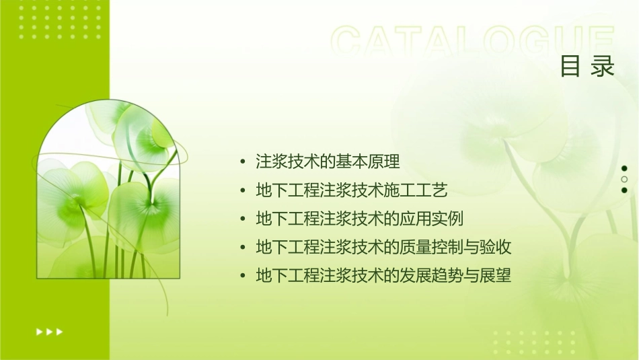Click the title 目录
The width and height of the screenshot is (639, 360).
click(587, 66)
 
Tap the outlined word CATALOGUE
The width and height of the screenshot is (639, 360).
click(473, 42)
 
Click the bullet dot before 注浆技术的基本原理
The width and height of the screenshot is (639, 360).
click(243, 162)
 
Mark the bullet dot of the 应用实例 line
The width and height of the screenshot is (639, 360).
click(243, 220)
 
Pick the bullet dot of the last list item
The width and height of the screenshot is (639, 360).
click(243, 277)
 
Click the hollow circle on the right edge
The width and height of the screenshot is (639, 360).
click(624, 179)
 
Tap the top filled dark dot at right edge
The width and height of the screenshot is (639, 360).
click(624, 168)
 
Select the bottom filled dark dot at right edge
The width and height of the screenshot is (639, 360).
click(624, 190)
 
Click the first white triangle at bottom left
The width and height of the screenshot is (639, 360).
click(39, 332)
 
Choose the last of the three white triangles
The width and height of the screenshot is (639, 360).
click(60, 332)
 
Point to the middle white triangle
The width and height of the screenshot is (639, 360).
click(49, 332)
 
